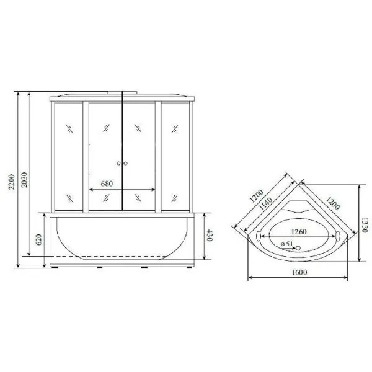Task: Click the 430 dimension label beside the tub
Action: [x=211, y=236]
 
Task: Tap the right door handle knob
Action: [x=125, y=164]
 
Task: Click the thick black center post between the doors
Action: [x=122, y=149]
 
